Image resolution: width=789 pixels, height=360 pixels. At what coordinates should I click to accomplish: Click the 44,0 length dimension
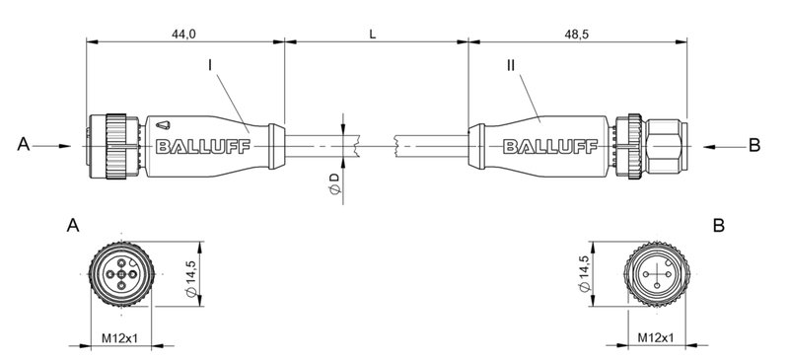pyautogui.click(x=184, y=34)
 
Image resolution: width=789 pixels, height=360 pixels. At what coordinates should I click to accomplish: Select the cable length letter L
pyautogui.click(x=372, y=34)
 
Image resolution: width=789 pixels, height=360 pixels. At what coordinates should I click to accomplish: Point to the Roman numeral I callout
pyautogui.click(x=210, y=65)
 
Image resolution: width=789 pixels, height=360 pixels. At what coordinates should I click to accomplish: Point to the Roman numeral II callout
pyautogui.click(x=510, y=65)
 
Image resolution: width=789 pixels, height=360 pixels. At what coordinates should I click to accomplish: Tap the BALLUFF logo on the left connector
pyautogui.click(x=203, y=147)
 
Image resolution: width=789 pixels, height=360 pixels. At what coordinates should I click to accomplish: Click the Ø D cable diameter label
pyautogui.click(x=334, y=183)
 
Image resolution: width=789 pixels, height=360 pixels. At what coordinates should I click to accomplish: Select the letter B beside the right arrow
pyautogui.click(x=754, y=145)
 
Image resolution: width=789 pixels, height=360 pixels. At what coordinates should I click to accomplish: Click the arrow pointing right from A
pyautogui.click(x=55, y=146)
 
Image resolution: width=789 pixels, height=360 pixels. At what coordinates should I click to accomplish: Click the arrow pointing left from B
pyautogui.click(x=720, y=146)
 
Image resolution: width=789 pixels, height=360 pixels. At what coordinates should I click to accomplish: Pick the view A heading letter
pyautogui.click(x=72, y=226)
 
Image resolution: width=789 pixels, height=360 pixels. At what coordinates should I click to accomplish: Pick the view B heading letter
pyautogui.click(x=719, y=226)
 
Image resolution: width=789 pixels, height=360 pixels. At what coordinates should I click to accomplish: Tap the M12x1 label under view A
pyautogui.click(x=119, y=338)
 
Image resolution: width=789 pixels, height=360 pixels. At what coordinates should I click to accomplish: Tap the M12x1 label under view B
pyautogui.click(x=655, y=338)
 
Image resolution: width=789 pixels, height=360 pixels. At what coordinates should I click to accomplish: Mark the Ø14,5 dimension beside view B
pyautogui.click(x=585, y=272)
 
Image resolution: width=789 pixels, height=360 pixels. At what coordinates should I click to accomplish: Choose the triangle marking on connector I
pyautogui.click(x=163, y=125)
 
